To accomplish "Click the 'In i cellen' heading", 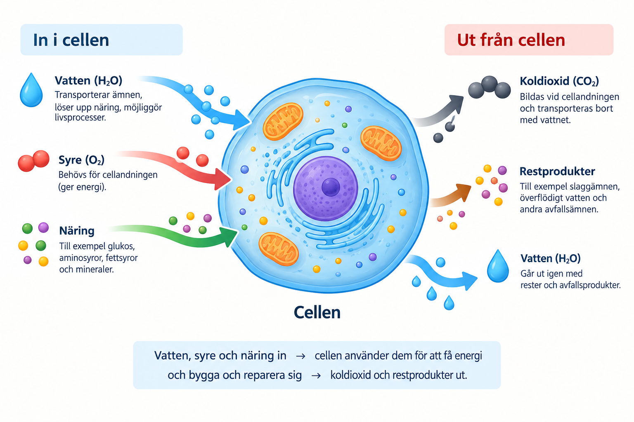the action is (71, 40).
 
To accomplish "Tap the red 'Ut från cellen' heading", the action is (511, 40).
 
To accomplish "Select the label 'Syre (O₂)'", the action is (81, 160).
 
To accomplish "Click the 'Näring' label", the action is (77, 231).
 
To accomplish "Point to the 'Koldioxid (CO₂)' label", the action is (559, 82).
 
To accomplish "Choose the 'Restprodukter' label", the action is (557, 171).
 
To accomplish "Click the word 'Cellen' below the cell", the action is (317, 313).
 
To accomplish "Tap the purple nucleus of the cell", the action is (326, 188).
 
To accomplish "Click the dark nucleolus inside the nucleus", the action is (331, 187).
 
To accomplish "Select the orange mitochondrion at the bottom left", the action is (279, 249).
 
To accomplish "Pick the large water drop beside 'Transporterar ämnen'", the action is (31, 90).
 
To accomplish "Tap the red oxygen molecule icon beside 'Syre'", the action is (34, 161).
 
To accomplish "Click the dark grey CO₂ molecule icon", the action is (490, 87).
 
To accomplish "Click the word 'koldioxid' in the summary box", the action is (350, 375).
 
